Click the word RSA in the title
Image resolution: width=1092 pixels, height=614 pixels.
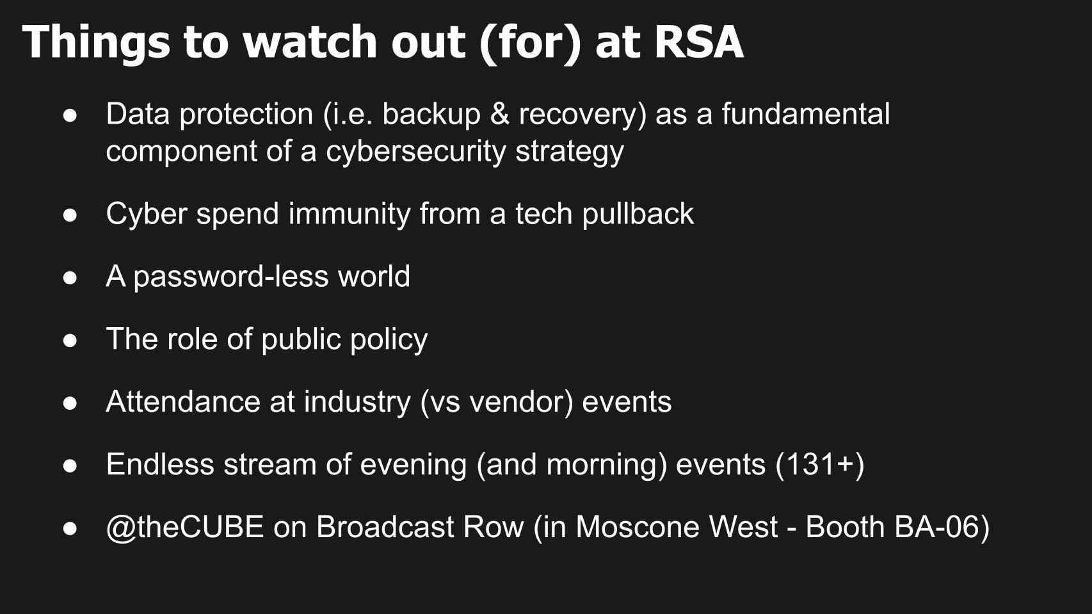click(x=698, y=42)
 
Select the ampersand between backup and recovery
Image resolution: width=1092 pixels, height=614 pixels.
click(x=499, y=114)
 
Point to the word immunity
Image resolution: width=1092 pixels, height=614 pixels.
click(x=349, y=213)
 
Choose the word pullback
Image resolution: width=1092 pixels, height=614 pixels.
click(x=638, y=213)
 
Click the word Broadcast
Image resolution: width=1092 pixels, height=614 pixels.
click(x=385, y=527)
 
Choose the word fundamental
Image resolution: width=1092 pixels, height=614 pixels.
click(x=806, y=114)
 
